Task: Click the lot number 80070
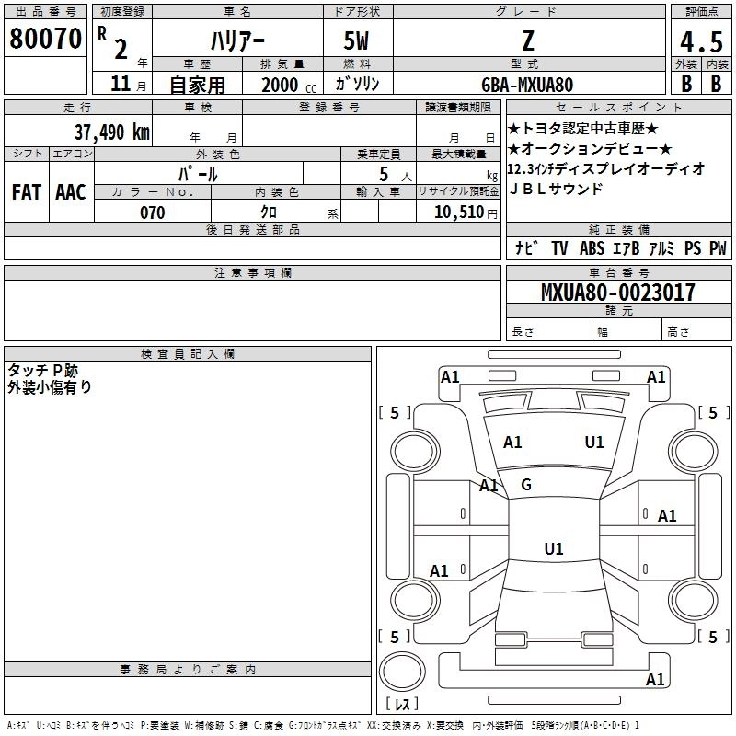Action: (46, 40)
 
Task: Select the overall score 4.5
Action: (701, 42)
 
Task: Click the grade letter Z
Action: (527, 41)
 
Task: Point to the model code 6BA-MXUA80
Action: (527, 85)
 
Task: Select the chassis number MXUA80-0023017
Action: (617, 293)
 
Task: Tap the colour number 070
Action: (153, 213)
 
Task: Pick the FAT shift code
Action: (27, 191)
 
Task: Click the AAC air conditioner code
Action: (71, 191)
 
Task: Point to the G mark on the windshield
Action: (526, 485)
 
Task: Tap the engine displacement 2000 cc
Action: (286, 85)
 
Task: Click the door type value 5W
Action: (358, 41)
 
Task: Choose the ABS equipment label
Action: (592, 248)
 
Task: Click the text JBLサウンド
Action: (556, 189)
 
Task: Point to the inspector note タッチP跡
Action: (43, 370)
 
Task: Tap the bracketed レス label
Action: (402, 705)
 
